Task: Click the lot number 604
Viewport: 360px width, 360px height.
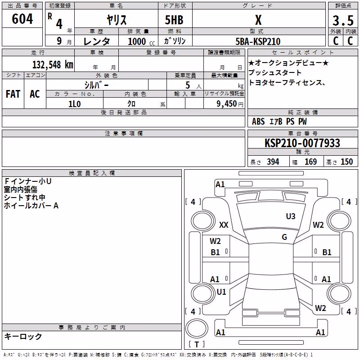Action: tap(22, 19)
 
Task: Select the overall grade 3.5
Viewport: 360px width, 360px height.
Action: tap(343, 20)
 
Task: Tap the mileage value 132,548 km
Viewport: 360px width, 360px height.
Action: tap(53, 65)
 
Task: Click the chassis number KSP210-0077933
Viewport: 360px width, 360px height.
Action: tap(302, 143)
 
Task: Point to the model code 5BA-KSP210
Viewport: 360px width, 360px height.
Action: tap(258, 41)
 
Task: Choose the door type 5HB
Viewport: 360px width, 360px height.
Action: tap(174, 20)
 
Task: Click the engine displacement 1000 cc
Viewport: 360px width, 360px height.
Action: tap(141, 41)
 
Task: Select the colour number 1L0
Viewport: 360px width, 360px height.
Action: tap(75, 104)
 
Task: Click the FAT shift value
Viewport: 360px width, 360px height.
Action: tap(13, 94)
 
